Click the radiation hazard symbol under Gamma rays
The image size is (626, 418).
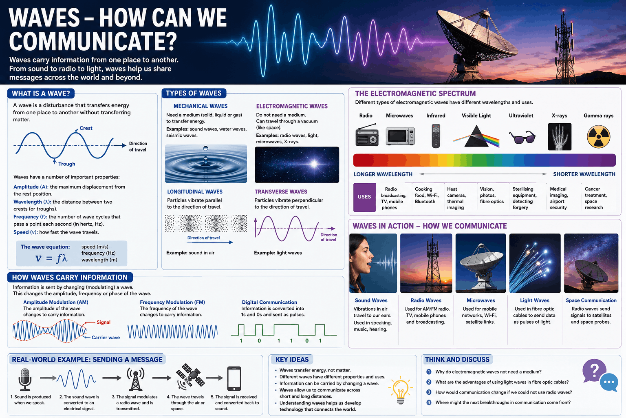[598, 137]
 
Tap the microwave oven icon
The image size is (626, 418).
[400, 136]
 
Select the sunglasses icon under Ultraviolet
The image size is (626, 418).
[522, 137]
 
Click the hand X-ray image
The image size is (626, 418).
[560, 137]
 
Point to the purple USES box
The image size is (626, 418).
[364, 197]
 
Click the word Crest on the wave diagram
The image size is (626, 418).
[86, 128]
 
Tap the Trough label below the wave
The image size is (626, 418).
[67, 164]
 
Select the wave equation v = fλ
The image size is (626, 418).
[51, 258]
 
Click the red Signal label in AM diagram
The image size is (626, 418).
[104, 322]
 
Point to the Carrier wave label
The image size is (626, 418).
[106, 337]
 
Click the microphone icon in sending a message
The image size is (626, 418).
[25, 379]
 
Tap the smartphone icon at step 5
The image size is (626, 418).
[234, 378]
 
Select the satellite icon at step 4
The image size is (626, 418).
[190, 376]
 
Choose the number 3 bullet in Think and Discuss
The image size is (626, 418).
[429, 392]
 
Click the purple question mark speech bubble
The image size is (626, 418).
[594, 371]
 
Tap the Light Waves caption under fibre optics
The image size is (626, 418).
[534, 300]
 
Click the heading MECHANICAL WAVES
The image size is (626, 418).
[201, 106]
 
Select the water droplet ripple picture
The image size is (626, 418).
[206, 164]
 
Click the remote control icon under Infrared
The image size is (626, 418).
[436, 136]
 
